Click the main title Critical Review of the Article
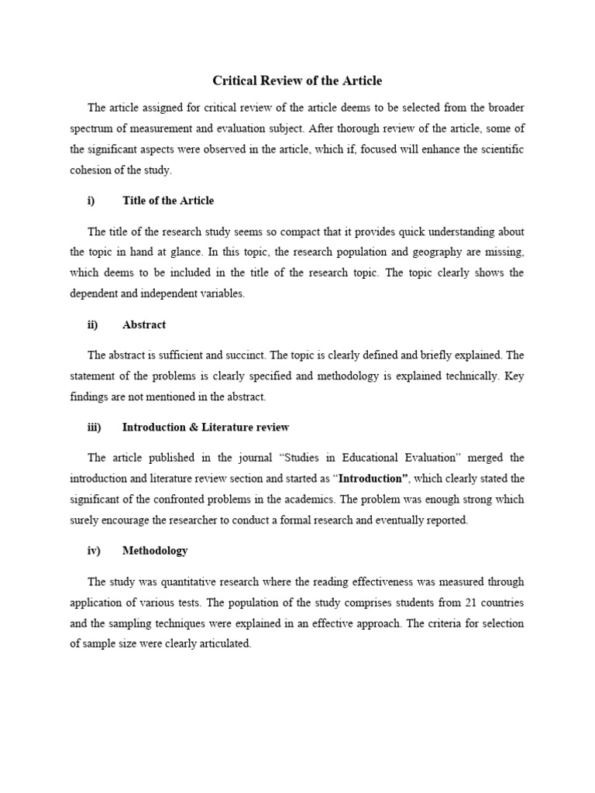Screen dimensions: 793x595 click(297, 81)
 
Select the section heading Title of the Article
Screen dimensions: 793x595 click(168, 201)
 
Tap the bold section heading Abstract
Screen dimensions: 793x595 click(144, 324)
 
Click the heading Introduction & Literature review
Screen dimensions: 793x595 click(205, 427)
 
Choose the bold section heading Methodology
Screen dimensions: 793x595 click(155, 551)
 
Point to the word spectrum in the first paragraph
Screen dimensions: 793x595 click(94, 129)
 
